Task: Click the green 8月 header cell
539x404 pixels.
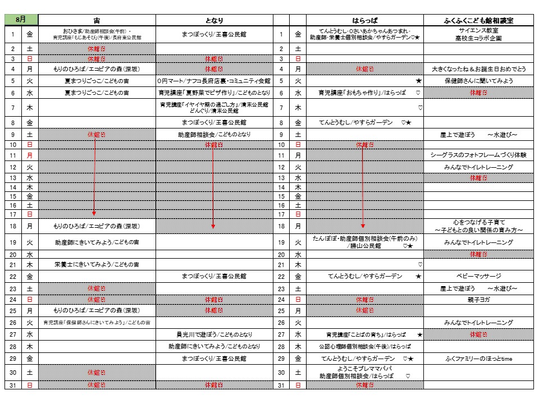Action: pos(21,19)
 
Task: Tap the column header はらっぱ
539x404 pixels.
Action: pos(364,20)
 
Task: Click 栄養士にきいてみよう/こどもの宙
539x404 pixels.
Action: pos(97,264)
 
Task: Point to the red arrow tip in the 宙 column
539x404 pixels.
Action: pos(94,214)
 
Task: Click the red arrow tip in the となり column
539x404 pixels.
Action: pos(213,226)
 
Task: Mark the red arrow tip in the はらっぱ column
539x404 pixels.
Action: pos(363,226)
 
